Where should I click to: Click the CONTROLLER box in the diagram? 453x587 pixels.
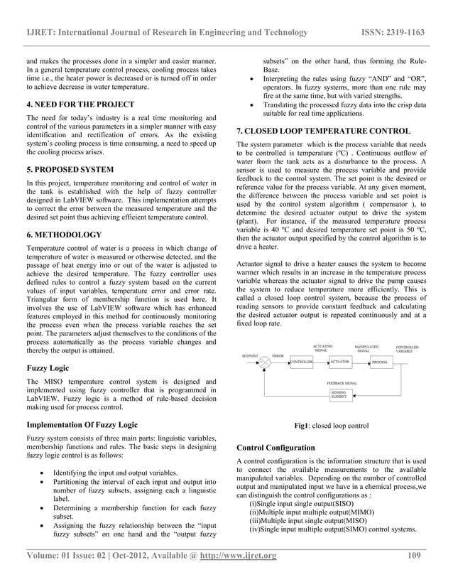(301, 362)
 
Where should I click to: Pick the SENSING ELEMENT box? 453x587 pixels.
(340, 395)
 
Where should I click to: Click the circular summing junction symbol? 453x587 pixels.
(265, 362)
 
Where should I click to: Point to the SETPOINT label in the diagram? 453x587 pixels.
(250, 353)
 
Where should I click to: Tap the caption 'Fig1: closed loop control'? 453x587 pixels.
(331, 426)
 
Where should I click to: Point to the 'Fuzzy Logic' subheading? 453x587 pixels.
(48, 369)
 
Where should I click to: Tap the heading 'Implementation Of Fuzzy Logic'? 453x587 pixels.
(82, 424)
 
